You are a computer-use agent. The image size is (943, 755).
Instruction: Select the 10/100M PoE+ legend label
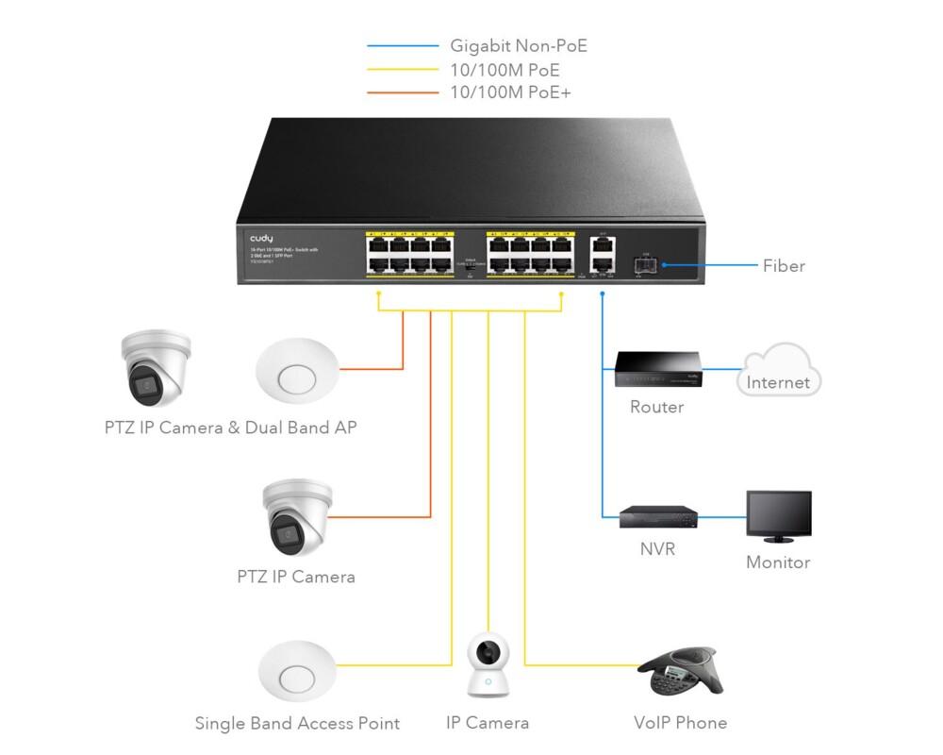click(x=510, y=92)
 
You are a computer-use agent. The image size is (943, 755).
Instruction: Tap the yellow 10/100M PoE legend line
click(x=403, y=69)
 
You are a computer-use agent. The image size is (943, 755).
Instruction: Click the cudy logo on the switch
click(x=261, y=239)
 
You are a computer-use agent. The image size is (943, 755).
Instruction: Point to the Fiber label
click(x=784, y=266)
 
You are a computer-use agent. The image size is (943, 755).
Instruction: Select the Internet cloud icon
click(x=779, y=370)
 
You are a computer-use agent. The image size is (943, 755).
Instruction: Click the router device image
click(x=657, y=370)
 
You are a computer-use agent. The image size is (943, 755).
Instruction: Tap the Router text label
click(x=656, y=407)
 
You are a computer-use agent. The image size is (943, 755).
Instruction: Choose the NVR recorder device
click(x=658, y=516)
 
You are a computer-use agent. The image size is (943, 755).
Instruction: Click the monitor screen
click(x=778, y=512)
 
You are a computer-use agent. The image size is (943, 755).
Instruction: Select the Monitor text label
click(x=778, y=562)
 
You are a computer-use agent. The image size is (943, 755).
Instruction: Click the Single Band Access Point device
click(x=297, y=670)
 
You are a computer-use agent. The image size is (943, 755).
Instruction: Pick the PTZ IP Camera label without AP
click(x=296, y=577)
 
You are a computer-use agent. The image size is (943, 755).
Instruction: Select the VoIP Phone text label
click(x=680, y=723)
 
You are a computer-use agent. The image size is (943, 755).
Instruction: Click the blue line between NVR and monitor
click(x=721, y=516)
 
